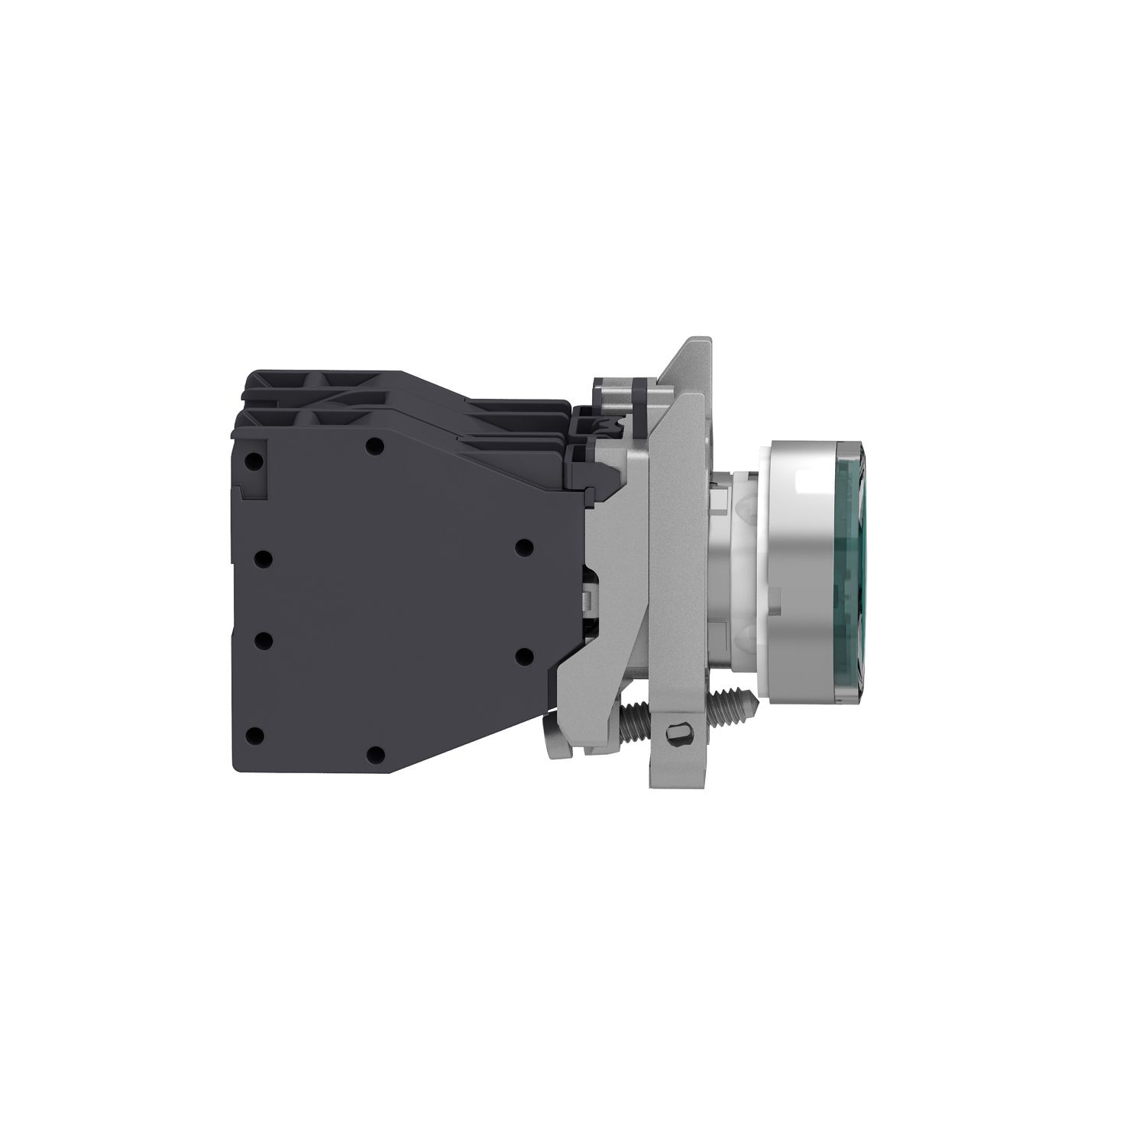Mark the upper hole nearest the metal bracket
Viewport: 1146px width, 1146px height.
(x=524, y=546)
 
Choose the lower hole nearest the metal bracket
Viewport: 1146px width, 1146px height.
(x=524, y=654)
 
